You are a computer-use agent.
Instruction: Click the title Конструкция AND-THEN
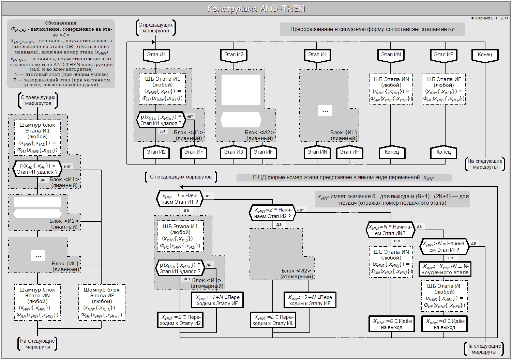tap(256, 9)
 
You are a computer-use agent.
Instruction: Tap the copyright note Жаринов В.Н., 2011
tap(490, 18)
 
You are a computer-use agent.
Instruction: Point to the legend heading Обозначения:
tap(61, 23)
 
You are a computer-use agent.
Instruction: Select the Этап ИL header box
tap(317, 55)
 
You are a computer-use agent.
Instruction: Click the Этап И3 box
tap(234, 152)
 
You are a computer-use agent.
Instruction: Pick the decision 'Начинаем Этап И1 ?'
tap(180, 199)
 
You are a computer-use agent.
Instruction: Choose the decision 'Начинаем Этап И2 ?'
tap(272, 213)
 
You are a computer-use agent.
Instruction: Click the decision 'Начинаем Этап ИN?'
tap(390, 230)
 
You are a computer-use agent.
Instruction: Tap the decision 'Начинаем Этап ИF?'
tap(444, 247)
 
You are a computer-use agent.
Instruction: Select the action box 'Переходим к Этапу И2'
tap(180, 320)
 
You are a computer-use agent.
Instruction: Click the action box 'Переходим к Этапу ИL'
tap(273, 320)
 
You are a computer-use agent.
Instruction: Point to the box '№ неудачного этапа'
tap(445, 269)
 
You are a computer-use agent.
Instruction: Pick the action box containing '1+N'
tap(217, 300)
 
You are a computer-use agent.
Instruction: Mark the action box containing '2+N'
tap(310, 300)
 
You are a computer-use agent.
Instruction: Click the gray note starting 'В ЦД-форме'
tap(344, 177)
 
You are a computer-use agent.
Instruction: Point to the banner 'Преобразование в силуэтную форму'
tap(372, 29)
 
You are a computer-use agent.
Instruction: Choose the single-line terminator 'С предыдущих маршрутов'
tap(181, 177)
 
